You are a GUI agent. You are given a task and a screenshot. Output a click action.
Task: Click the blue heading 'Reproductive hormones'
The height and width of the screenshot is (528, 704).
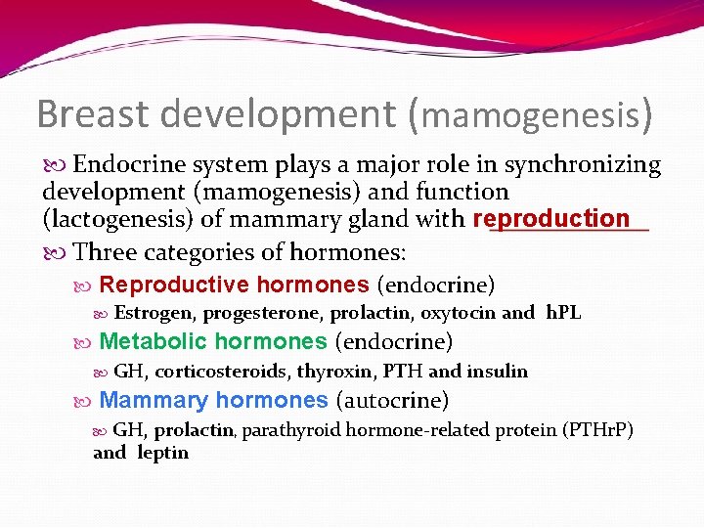234,285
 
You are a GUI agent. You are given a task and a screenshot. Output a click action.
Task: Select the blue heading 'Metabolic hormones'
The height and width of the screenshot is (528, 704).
213,341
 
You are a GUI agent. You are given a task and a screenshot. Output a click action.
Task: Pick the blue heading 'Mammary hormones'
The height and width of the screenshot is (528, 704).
213,400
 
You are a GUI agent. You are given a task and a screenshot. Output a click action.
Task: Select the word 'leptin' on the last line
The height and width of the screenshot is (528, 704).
162,453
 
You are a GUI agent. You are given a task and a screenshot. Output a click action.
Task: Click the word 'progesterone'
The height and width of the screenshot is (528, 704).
263,313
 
